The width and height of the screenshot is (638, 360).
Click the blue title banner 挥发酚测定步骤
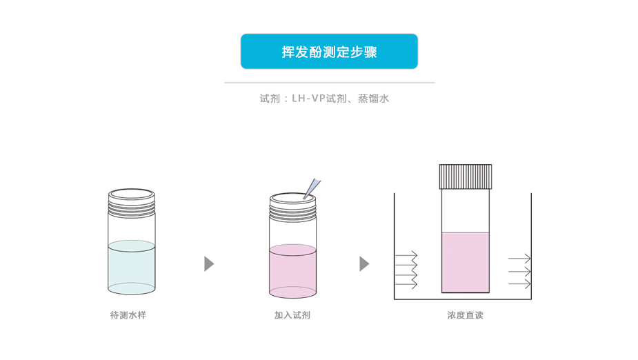[x=329, y=52]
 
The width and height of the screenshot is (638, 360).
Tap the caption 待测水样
[x=128, y=315]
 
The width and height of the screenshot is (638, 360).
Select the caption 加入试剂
[x=292, y=315]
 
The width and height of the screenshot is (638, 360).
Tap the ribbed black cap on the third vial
[x=466, y=176]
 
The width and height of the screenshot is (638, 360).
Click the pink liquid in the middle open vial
[x=292, y=270]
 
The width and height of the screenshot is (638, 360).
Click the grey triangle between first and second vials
[x=209, y=264]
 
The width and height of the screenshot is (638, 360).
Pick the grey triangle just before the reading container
[x=364, y=264]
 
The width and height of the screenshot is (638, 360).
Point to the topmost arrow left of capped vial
[x=406, y=254]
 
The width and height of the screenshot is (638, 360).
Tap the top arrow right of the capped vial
[x=519, y=259]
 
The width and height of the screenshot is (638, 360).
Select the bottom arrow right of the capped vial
[x=519, y=283]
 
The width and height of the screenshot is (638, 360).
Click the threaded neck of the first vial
[x=132, y=206]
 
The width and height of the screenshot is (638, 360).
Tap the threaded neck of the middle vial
[x=292, y=210]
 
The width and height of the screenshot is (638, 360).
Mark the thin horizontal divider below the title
[x=329, y=83]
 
